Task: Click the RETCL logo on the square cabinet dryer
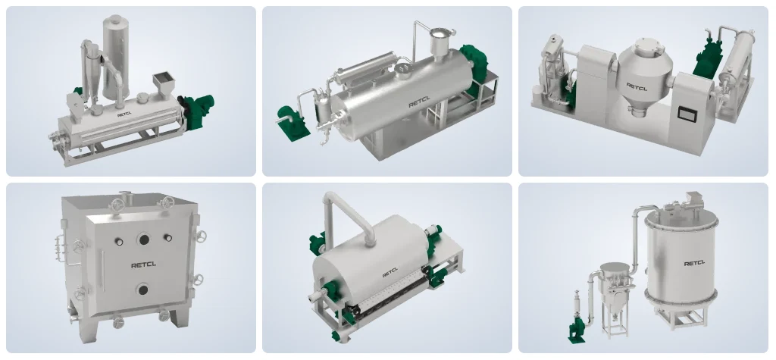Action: coord(143,265)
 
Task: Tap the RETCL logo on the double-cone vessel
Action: coord(637,86)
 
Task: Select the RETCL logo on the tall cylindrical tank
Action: coord(694,264)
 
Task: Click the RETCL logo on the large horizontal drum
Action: coord(419,104)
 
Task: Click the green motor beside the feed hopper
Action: coord(197,111)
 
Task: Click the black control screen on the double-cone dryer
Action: coord(687,114)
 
